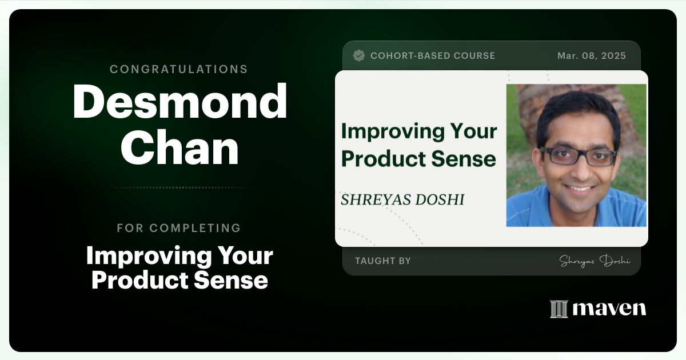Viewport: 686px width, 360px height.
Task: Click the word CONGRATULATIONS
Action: click(x=179, y=69)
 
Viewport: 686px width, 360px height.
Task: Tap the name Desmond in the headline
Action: click(x=180, y=101)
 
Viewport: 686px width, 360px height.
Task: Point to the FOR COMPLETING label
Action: click(x=179, y=228)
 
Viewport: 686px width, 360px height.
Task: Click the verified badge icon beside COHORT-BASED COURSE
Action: click(x=359, y=55)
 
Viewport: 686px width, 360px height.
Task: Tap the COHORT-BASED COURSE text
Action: click(x=433, y=55)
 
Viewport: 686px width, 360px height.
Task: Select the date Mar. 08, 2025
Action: click(x=592, y=55)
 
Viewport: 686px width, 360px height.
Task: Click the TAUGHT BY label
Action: click(x=383, y=261)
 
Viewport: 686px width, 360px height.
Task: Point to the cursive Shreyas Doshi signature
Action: click(x=595, y=261)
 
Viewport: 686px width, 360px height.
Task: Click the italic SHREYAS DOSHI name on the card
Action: click(x=402, y=199)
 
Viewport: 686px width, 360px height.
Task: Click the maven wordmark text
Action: click(x=609, y=309)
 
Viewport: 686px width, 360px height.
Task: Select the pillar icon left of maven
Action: click(x=559, y=309)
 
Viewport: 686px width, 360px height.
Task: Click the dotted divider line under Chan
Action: click(x=179, y=187)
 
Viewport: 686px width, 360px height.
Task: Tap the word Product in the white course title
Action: click(x=134, y=280)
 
